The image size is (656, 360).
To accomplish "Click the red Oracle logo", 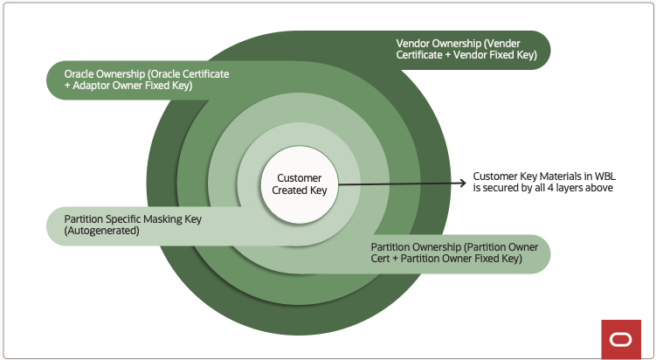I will (621, 339).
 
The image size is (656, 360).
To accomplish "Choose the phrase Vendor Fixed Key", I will (501, 55).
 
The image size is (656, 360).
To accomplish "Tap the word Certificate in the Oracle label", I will (201, 74).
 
